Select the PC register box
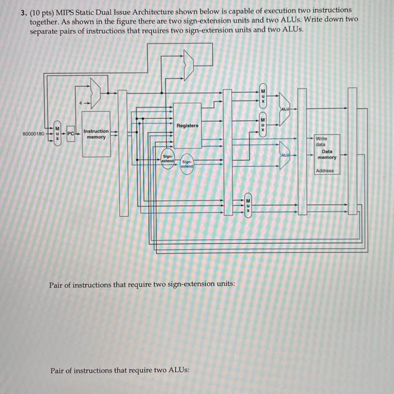(70, 134)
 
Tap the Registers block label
(187, 125)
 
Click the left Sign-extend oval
(168, 158)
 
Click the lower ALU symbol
(285, 154)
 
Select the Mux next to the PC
(56, 134)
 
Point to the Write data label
(321, 141)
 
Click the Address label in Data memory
(325, 171)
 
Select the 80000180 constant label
(33, 134)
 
